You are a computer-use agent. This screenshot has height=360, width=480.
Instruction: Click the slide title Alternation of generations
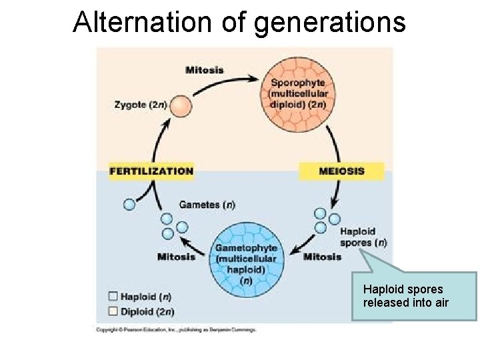pos(239,21)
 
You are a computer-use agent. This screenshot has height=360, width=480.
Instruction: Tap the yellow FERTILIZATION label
pos(151,171)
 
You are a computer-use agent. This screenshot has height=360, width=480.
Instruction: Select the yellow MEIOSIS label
pos(341,171)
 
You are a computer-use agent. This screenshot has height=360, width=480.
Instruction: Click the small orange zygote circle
pos(181,106)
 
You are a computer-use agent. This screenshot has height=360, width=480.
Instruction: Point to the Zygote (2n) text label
pos(141,105)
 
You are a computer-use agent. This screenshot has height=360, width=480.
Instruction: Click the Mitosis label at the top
pos(205,70)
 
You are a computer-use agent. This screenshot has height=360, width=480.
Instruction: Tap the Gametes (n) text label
pos(207,205)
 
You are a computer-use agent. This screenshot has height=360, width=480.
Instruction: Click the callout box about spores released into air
pos(413,296)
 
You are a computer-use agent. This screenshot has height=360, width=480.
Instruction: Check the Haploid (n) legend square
pos(112,297)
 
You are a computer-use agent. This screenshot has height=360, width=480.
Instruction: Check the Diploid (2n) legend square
pos(112,311)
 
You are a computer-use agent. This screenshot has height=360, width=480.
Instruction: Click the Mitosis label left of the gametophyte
pos(176,256)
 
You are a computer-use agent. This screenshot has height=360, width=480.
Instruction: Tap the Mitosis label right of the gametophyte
pos(322,256)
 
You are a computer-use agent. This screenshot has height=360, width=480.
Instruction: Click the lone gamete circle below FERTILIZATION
pos(129,205)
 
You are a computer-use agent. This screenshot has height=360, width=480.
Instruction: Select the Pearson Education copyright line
pos(176,329)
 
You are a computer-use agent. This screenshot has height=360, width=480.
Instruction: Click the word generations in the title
pos(331,21)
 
